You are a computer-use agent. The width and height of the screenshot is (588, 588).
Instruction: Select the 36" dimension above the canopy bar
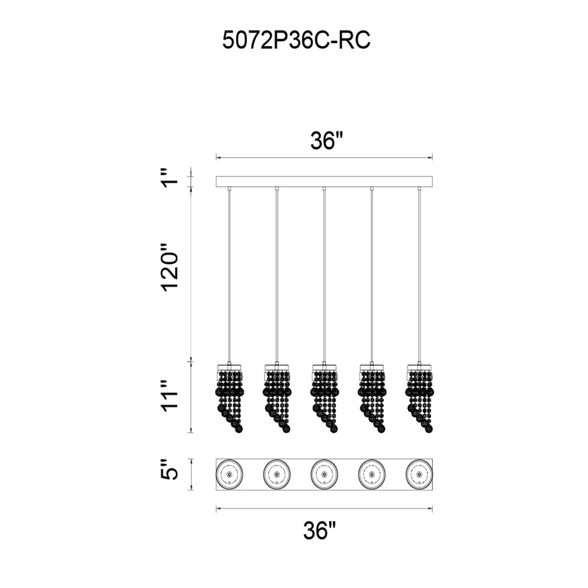pos(327,141)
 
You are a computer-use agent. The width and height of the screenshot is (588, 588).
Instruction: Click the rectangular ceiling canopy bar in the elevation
pos(324,181)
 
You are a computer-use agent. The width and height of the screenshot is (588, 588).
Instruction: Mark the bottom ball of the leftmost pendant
pos(239,429)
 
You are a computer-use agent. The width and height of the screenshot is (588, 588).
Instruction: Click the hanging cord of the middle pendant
pos(324,275)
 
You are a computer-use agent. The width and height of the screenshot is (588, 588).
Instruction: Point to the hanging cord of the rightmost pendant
pos(419,275)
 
